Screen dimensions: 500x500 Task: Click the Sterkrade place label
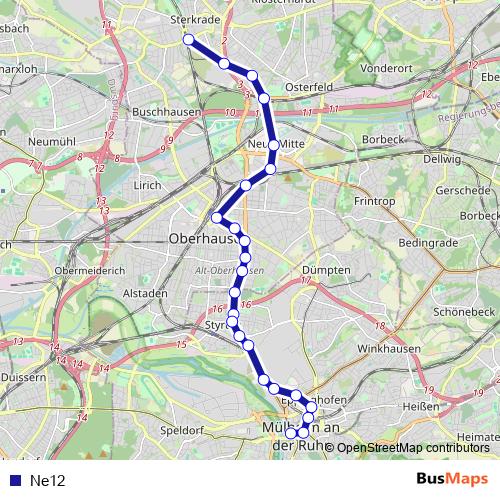point(195,19)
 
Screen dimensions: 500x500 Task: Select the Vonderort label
point(385,68)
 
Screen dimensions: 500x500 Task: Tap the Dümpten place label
point(325,270)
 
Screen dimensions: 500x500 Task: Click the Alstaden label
point(146,293)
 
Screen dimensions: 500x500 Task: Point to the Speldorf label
point(181,430)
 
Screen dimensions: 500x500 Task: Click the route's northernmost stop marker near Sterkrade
point(188,39)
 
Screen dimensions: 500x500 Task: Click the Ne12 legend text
point(47,480)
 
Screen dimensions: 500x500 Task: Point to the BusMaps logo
point(452,479)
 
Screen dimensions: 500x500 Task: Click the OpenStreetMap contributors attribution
point(413,448)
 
